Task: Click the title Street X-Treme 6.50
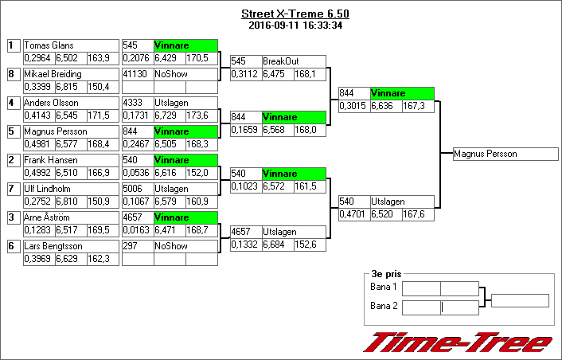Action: click(295, 14)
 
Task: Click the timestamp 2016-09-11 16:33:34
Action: click(295, 25)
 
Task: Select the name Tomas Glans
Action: click(49, 45)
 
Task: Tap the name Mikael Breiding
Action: click(53, 74)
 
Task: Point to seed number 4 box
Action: click(14, 103)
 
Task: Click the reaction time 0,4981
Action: click(37, 144)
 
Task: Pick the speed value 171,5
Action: click(98, 115)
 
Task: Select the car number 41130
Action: click(135, 74)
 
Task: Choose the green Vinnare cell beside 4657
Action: click(185, 217)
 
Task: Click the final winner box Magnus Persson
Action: click(505, 154)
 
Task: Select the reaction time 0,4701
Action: click(352, 214)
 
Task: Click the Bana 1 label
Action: click(383, 287)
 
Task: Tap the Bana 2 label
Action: click(384, 306)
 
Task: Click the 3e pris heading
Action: click(386, 274)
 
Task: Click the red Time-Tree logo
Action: click(458, 342)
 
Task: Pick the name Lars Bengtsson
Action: click(53, 246)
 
